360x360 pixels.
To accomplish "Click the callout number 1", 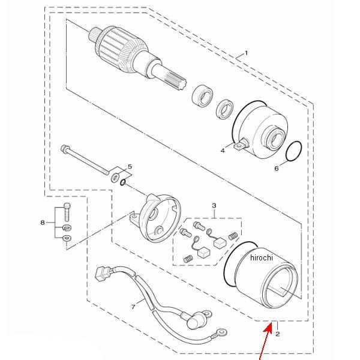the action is tap(246, 53).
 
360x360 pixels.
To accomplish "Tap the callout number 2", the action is tap(278, 334).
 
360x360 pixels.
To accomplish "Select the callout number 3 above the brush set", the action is tap(214, 205).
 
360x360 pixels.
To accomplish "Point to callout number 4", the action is tap(223, 151).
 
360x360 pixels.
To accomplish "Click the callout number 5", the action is tap(130, 166).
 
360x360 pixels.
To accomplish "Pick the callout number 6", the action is tap(277, 169).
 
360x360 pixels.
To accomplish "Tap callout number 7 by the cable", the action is tap(133, 307).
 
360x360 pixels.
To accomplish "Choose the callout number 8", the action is tap(43, 223).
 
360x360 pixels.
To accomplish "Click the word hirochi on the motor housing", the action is tap(262, 257).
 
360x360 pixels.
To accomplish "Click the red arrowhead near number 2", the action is tap(268, 328).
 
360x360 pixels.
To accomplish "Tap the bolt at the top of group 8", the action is tap(67, 212).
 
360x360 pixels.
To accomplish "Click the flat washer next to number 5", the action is tap(115, 177).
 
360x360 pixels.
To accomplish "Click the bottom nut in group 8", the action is tap(67, 238).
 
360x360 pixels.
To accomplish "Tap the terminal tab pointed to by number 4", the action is tap(239, 145).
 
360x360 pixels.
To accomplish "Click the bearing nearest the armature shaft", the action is tap(202, 96).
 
